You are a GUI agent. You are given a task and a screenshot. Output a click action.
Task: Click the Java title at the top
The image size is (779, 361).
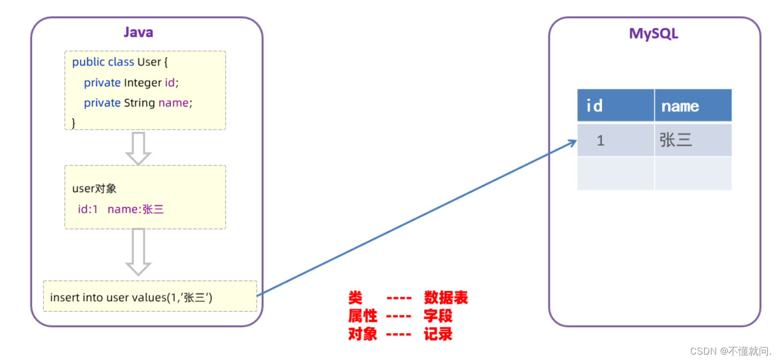(x=138, y=32)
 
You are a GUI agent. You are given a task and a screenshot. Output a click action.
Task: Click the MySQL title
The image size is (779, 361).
(x=653, y=33)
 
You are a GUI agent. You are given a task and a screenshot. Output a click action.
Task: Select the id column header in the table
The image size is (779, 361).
(x=594, y=106)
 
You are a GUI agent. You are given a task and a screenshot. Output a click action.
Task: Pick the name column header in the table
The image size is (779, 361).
(x=680, y=106)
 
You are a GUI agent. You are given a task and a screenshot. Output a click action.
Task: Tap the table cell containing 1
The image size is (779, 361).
(x=600, y=140)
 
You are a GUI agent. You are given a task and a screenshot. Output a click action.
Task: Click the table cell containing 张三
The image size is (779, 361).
(x=676, y=140)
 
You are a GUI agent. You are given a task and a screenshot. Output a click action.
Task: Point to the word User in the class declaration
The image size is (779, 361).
(x=149, y=62)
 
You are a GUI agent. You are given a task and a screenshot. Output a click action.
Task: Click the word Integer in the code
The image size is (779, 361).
(x=142, y=83)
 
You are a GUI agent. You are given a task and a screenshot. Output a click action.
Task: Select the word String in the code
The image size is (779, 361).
(x=139, y=103)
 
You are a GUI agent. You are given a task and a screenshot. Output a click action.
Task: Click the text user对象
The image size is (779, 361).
(x=94, y=189)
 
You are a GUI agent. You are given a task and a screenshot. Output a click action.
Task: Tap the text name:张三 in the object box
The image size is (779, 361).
(x=135, y=209)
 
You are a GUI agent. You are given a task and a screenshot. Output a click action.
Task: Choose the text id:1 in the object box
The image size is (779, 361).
(x=88, y=209)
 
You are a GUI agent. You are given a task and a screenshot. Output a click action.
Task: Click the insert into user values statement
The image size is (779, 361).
(x=131, y=297)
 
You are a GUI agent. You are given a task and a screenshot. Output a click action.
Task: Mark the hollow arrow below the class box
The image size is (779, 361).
(x=138, y=148)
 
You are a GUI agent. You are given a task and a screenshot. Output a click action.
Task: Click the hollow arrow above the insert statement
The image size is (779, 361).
(x=138, y=252)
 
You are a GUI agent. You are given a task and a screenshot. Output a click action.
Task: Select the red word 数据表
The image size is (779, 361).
(x=446, y=298)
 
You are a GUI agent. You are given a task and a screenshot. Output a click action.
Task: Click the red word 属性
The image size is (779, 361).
(x=363, y=316)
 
